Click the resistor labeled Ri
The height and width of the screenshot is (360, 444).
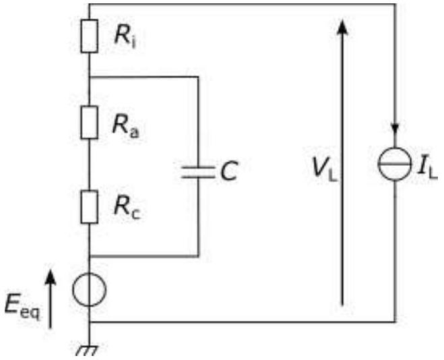90,36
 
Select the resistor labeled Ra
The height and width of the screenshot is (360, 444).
90,123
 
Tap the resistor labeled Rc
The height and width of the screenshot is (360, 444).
90,207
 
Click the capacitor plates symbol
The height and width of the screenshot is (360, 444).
198,172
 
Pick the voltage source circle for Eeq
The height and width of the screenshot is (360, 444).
89,289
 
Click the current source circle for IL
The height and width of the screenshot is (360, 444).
395,164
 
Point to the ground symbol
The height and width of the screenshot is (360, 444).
87,351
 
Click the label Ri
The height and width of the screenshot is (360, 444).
125,38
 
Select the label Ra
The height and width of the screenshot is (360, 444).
126,125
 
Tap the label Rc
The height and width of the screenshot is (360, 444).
127,208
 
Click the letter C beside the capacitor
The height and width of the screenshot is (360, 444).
229,171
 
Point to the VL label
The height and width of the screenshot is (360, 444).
324,169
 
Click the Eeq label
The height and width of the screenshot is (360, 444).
22,308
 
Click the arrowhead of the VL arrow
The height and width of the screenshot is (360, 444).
342,26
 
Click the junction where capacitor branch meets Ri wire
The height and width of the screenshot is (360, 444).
90,77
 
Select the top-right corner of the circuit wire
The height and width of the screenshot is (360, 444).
395,5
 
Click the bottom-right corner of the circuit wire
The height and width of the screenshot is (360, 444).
395,322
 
